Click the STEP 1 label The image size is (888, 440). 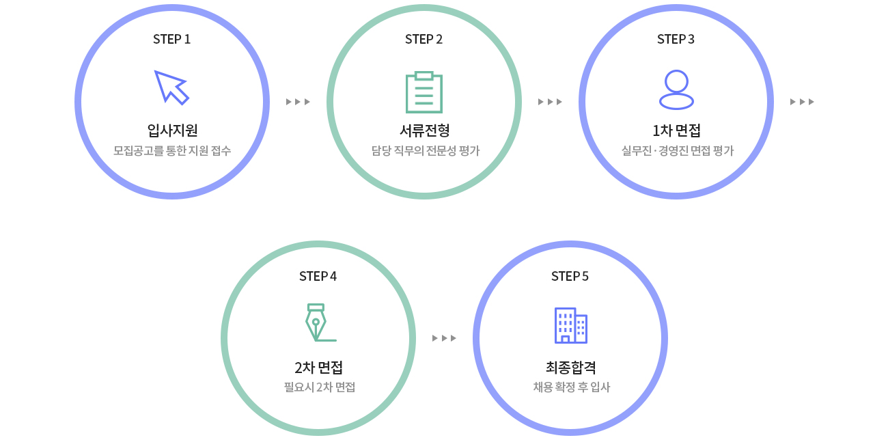click(171, 40)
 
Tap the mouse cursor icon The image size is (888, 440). click(171, 87)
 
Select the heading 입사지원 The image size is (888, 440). click(172, 130)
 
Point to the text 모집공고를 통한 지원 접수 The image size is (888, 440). click(172, 150)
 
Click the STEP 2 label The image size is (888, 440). click(424, 40)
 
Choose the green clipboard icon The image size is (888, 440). click(424, 92)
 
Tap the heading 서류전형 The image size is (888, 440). click(424, 130)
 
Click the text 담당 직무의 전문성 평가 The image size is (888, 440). click(425, 150)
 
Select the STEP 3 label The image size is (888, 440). click(676, 40)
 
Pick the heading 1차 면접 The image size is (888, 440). click(676, 130)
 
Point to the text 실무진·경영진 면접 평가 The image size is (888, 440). click(677, 150)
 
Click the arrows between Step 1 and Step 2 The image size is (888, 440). click(298, 102)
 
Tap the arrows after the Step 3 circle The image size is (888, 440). click(802, 102)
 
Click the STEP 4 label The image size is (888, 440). click(318, 277)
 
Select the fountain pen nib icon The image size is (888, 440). click(318, 322)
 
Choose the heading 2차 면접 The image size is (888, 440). click(318, 368)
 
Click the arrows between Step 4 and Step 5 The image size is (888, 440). click(444, 338)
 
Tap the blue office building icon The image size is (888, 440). click(570, 325)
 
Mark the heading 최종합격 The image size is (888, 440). click(571, 368)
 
